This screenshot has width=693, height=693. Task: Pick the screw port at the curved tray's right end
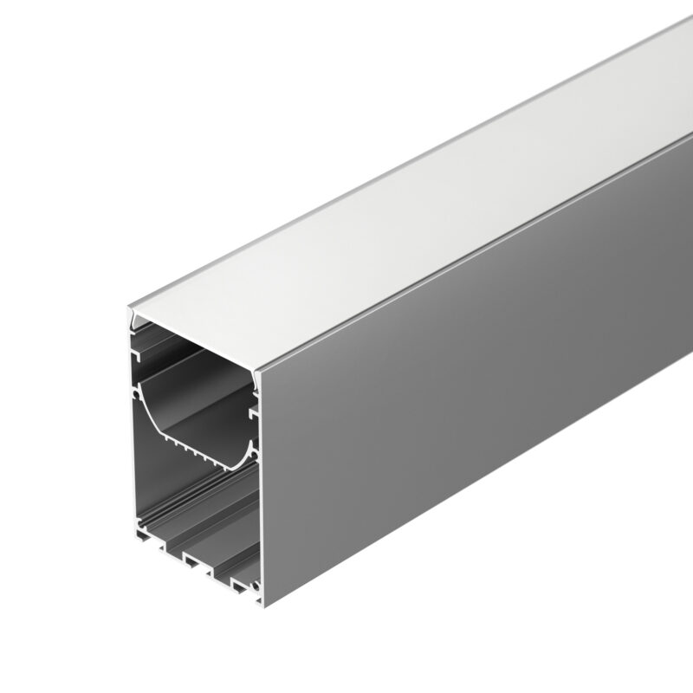[254, 447]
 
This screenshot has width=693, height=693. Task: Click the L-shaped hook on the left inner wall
[136, 354]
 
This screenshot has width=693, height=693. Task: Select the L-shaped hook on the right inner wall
[254, 416]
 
